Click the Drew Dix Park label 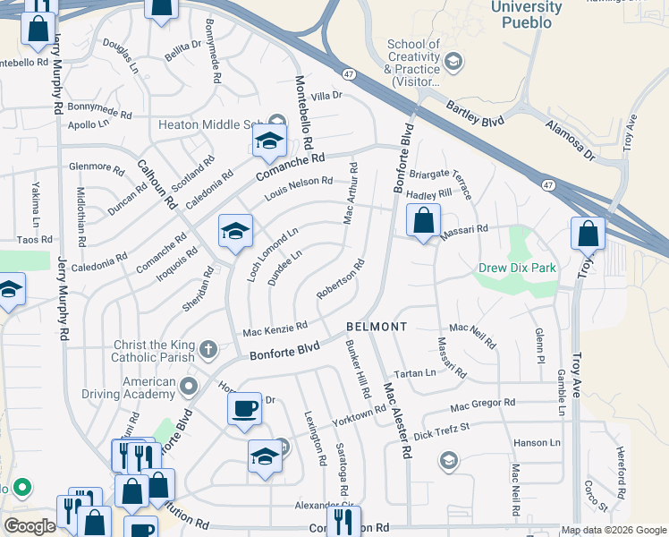(517, 268)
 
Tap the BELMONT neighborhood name (377, 327)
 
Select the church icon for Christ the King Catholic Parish (207, 349)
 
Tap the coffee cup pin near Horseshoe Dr (244, 410)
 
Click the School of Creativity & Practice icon (453, 61)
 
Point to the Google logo (30, 526)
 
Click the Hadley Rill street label (429, 194)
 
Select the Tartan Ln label (415, 372)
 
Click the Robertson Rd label (341, 279)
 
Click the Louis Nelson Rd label (298, 188)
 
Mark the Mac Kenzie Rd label (275, 329)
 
